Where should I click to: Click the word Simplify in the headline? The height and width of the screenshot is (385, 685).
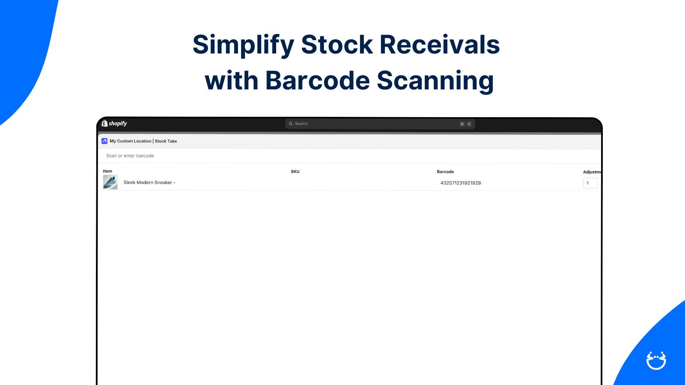pos(244,45)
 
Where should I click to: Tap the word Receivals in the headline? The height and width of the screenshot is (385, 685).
pos(439,44)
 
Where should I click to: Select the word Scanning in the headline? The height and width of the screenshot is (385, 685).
pos(435,81)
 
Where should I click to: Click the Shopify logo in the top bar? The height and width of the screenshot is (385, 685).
pos(114,124)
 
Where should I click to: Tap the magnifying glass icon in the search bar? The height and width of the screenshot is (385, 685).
pos(291,124)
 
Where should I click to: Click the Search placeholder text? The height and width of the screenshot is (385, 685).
pos(301,124)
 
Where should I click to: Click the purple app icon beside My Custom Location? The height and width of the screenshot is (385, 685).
pos(104,141)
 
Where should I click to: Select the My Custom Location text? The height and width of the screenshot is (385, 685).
pos(131,141)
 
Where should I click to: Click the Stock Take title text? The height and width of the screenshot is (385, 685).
pos(166,141)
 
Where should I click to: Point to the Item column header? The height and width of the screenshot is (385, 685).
pos(107,171)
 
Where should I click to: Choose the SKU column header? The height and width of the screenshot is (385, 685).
pos(295,172)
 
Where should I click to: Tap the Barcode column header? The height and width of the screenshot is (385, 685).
pos(445,172)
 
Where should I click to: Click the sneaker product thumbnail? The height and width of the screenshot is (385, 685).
pos(110,182)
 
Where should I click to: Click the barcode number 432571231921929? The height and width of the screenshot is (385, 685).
pos(461,183)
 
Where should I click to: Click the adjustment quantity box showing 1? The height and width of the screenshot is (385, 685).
pos(590,183)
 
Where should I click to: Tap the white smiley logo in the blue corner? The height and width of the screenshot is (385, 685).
pos(656,361)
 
